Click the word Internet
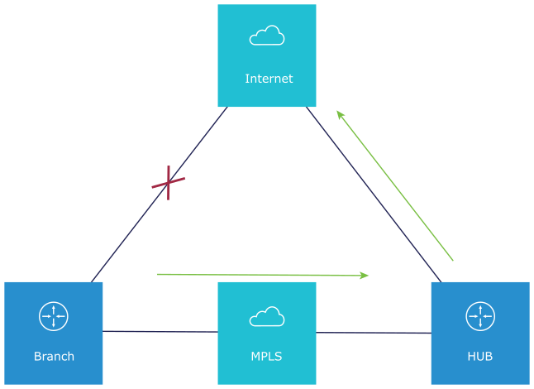click(x=269, y=79)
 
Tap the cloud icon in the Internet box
click(x=267, y=36)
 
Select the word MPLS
click(x=266, y=357)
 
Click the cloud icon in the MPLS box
click(x=266, y=316)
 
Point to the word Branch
click(x=54, y=357)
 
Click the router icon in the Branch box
click(x=53, y=316)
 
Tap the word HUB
click(x=480, y=357)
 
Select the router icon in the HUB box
click(x=480, y=316)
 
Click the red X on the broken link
click(x=169, y=182)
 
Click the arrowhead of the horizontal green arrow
click(x=365, y=275)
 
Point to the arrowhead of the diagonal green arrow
click(x=339, y=114)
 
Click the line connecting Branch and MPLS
click(x=160, y=332)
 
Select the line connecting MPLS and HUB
click(x=373, y=333)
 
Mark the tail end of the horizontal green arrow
click(x=159, y=273)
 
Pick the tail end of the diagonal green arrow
click(x=452, y=260)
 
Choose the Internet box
click(x=267, y=55)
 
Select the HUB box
click(x=480, y=333)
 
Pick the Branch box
click(x=53, y=333)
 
